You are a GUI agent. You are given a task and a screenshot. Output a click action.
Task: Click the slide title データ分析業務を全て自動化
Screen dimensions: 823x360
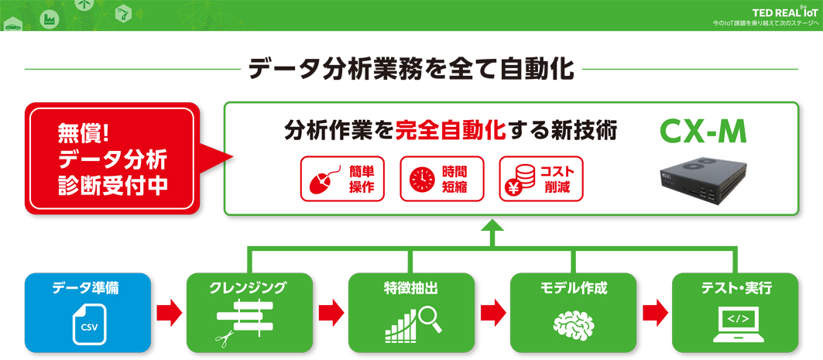[x=411, y=68]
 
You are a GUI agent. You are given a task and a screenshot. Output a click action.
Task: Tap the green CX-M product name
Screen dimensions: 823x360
[x=702, y=132]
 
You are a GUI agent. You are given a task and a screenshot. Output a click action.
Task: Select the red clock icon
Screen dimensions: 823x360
[x=420, y=180]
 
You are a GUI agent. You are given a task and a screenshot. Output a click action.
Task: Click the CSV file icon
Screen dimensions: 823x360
[x=87, y=324]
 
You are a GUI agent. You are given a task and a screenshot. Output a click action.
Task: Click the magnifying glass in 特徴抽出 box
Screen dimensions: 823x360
[x=429, y=319]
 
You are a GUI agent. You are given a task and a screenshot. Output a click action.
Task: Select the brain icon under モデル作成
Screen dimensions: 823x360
[x=573, y=324]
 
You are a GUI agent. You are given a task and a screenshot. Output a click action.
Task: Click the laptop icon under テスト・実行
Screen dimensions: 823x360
[x=735, y=322]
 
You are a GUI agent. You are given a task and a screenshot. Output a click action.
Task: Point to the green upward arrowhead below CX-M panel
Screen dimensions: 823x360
[x=492, y=227]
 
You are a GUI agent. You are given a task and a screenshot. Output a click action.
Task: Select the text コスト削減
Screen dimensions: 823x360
[x=557, y=180]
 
